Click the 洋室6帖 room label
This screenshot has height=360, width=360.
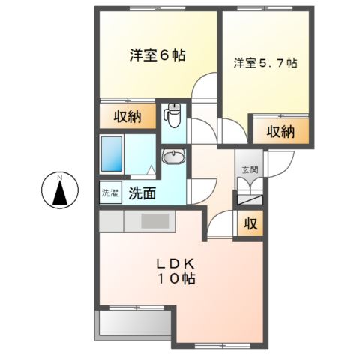(x=157, y=55)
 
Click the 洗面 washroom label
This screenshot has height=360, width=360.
(x=142, y=193)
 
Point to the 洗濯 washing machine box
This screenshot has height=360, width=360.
(x=110, y=193)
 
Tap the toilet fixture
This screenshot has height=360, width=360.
(x=173, y=115)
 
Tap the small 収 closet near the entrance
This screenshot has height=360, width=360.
(x=248, y=223)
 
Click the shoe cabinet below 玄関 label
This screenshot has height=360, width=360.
(x=248, y=199)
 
